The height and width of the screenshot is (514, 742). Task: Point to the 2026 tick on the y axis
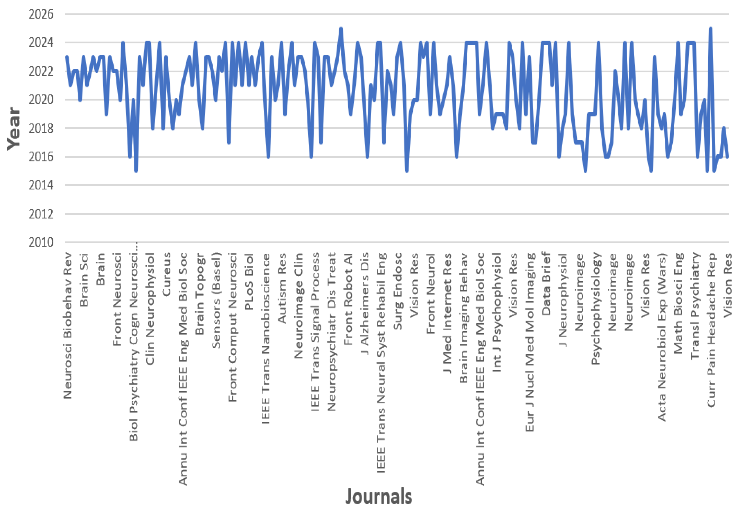(41, 14)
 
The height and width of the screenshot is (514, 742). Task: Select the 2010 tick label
(41, 242)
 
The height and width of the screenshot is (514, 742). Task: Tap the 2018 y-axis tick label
(41, 128)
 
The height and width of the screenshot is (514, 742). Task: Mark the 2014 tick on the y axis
(41, 185)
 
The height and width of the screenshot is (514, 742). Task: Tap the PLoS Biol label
(249, 282)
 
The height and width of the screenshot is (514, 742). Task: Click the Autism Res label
(282, 288)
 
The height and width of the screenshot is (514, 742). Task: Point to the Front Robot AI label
(348, 299)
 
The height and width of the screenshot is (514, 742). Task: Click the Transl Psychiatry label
(695, 306)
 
